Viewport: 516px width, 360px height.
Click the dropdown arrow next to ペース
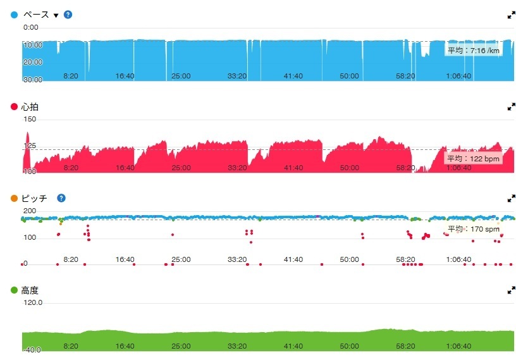pos(56,15)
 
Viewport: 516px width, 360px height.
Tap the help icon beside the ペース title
pos(68,15)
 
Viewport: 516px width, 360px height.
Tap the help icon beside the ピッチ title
pos(61,198)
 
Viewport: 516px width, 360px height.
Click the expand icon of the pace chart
pos(511,15)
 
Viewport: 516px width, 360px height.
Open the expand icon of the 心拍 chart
pos(511,107)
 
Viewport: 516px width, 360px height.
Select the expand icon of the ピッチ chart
pos(511,198)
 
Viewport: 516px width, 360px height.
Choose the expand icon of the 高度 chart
pos(511,290)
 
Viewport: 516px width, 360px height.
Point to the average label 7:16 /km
pos(474,50)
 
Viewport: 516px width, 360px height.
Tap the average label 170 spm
pos(474,228)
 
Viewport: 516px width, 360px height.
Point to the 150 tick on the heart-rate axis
pos(30,120)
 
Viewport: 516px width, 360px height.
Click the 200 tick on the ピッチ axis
pos(30,211)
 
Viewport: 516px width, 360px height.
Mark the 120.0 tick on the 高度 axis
pos(33,303)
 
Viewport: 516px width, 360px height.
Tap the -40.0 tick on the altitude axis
pos(33,350)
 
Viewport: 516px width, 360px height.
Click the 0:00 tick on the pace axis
pos(30,28)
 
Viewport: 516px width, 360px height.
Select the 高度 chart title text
pos(30,290)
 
